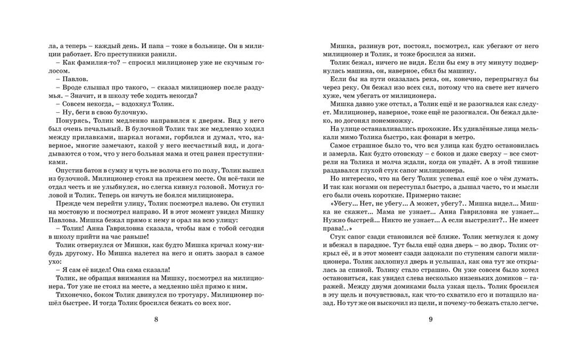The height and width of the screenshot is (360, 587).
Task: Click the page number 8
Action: pos(155,319)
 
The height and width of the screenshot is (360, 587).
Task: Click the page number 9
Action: pos(430,319)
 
